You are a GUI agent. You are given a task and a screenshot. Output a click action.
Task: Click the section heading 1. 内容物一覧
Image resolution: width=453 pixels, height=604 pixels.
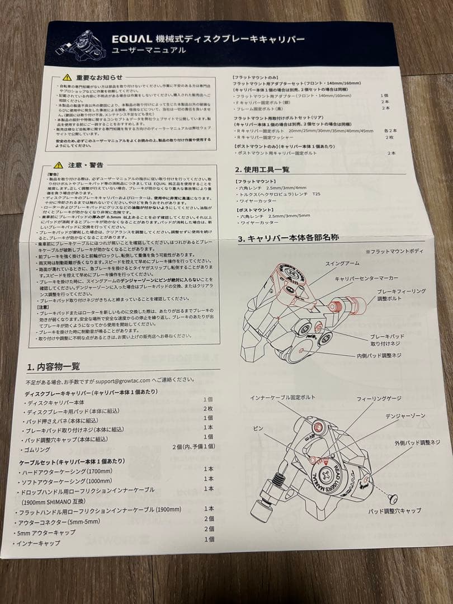pos(53,367)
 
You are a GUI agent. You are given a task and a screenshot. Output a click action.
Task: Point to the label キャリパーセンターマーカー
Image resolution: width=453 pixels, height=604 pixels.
pos(366,278)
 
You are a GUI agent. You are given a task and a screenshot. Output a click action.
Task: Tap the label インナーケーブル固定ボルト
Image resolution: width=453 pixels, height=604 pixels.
pos(283,398)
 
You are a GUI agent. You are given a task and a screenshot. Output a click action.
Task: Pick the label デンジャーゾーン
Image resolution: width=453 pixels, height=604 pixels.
pos(405,417)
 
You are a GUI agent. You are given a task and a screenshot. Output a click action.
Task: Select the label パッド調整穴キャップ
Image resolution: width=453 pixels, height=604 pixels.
pos(394,511)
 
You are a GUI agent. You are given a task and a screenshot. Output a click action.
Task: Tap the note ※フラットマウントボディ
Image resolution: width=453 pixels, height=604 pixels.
pos(394,252)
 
